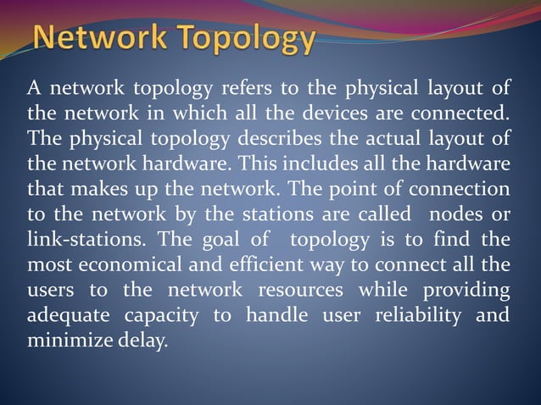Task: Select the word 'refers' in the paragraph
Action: [246, 88]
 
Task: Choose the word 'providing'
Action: [466, 291]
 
